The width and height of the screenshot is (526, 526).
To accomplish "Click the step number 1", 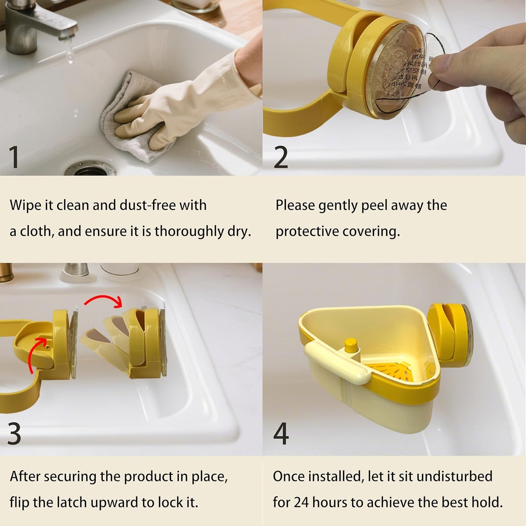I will point(14,157).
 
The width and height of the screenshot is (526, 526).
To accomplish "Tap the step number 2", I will point(281,157).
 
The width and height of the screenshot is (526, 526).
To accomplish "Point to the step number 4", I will point(281,434).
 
